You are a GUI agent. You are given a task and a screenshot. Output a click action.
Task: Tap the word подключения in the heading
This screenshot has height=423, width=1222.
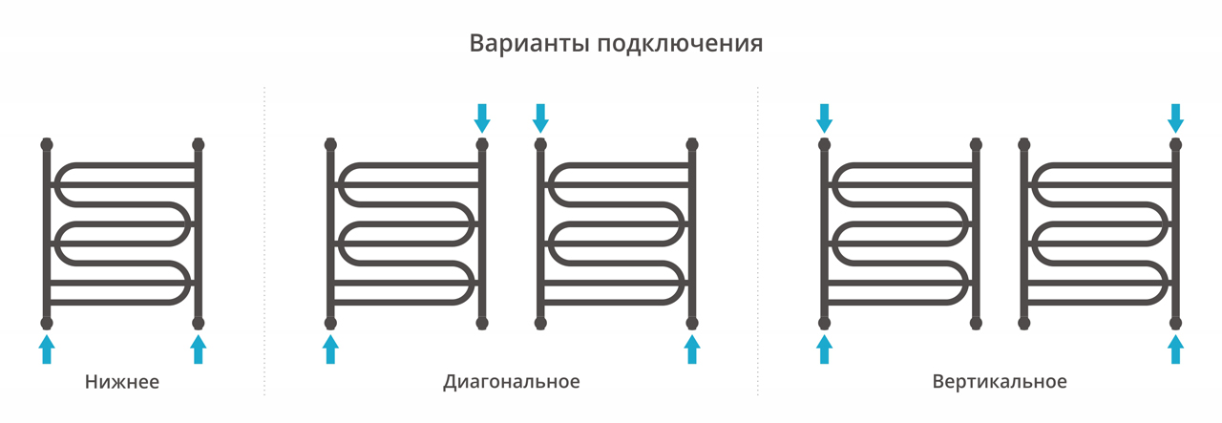(x=681, y=44)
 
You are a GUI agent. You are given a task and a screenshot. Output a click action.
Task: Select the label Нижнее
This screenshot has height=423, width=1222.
(x=122, y=382)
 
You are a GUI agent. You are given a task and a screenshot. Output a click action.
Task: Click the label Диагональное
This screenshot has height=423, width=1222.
(x=511, y=382)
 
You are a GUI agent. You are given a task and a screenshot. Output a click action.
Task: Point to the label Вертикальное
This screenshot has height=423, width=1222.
(x=1000, y=382)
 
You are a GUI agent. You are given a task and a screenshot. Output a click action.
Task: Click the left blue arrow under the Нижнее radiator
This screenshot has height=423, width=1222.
(x=47, y=349)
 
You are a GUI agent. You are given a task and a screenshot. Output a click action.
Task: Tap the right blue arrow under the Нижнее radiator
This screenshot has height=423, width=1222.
(x=198, y=349)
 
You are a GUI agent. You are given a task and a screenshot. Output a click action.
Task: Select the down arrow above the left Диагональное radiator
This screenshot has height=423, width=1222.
(x=482, y=118)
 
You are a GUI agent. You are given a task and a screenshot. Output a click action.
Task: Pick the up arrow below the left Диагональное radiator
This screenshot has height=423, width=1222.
(x=330, y=349)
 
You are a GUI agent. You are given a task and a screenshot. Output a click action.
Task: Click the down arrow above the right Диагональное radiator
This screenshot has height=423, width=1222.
(x=540, y=118)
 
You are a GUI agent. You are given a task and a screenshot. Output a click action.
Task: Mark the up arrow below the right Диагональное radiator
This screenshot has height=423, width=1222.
(x=692, y=349)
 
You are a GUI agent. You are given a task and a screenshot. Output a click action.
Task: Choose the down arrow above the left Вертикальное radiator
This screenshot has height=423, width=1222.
(x=824, y=118)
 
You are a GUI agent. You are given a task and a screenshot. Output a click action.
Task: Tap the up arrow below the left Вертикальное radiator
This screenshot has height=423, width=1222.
(x=824, y=349)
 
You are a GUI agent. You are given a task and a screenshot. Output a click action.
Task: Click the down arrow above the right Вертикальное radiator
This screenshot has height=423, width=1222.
(x=1175, y=118)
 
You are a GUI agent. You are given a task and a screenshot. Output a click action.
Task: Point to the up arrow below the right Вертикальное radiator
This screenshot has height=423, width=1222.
(x=1175, y=349)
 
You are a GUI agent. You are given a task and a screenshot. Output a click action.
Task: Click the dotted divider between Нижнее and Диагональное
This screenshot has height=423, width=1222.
(x=264, y=241)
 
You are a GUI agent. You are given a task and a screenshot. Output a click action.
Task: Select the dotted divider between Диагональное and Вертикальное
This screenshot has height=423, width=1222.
(x=758, y=241)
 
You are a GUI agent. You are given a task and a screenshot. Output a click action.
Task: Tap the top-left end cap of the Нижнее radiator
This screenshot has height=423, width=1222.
(x=47, y=144)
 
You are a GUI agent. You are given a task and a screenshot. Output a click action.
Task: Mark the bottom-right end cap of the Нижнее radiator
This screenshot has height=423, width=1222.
(x=198, y=323)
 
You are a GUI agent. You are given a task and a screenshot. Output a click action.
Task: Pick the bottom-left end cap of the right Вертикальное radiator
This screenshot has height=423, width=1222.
(x=1024, y=323)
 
